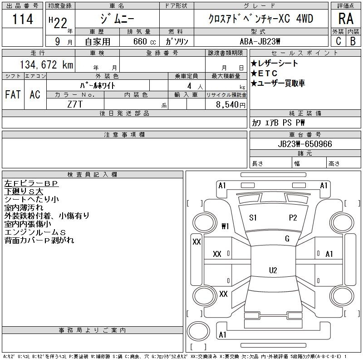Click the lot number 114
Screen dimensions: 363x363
point(22,19)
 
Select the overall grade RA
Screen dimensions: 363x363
point(346,19)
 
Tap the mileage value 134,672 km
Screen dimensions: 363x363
point(46,64)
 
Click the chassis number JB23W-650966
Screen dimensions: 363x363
point(305,144)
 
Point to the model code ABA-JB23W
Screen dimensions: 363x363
point(260,41)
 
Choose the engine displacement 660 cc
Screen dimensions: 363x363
point(144,41)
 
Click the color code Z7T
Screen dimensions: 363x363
point(75,104)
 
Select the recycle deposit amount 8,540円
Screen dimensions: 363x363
point(231,105)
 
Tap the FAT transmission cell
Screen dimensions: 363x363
point(13,94)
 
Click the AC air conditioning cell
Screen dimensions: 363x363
point(35,94)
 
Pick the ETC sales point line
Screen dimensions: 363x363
point(264,74)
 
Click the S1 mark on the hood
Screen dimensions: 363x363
point(253,218)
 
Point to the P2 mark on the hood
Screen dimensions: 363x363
point(293,218)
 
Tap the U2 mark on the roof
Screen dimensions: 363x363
point(273,270)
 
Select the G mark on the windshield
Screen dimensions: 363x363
point(287,239)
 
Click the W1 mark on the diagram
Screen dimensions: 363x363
point(225,226)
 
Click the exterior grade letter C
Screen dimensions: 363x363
point(338,41)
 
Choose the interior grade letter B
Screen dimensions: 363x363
point(353,41)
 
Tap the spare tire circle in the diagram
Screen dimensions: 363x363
point(198,331)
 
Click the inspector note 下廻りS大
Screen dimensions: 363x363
point(24,191)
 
